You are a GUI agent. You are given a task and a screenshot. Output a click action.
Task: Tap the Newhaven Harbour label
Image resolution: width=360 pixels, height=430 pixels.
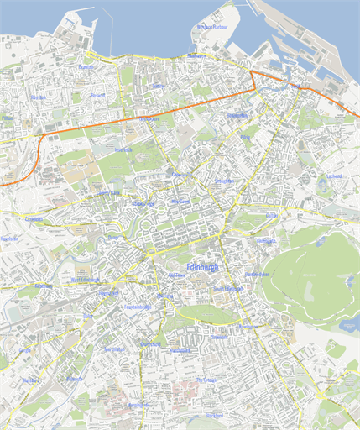(212, 27)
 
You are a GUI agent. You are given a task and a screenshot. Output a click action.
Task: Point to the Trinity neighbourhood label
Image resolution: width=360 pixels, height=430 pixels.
(158, 87)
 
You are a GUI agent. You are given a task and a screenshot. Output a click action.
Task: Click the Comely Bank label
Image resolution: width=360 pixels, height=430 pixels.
(110, 192)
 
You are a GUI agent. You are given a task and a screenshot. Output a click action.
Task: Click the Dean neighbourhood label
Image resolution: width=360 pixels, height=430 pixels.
(112, 238)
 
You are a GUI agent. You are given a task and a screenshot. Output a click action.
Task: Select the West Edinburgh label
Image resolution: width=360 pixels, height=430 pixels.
(86, 280)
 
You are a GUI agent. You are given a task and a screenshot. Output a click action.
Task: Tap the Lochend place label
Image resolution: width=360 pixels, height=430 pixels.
(335, 176)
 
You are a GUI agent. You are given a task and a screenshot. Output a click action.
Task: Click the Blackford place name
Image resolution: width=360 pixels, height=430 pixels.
(215, 416)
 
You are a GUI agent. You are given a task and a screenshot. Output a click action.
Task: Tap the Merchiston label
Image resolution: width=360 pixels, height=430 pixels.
(114, 349)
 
